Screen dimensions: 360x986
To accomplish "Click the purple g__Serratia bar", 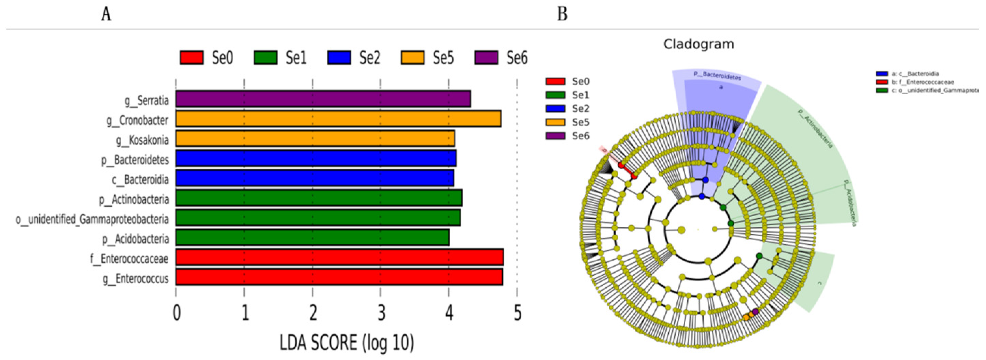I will [x=323, y=99].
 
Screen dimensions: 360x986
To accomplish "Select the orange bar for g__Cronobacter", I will [x=338, y=119].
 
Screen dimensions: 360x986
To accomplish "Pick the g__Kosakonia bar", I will [x=315, y=139].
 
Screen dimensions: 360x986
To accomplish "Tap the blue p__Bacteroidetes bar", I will [x=316, y=159].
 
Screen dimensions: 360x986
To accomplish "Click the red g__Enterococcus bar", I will [x=339, y=277].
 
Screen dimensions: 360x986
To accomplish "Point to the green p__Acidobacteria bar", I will [x=312, y=237].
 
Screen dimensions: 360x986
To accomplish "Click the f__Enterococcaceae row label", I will [x=129, y=259].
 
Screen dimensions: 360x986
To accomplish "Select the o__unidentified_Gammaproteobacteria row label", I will [x=92, y=219].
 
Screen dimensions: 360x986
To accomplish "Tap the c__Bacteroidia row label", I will [x=140, y=179].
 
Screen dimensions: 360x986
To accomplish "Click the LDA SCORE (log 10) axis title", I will [x=347, y=342].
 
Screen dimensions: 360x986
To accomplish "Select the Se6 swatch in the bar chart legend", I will [x=486, y=58].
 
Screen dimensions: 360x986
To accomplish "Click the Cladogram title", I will [x=699, y=44].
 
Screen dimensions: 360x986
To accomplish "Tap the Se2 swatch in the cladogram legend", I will [x=555, y=109].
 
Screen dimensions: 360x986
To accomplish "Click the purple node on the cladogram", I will [x=755, y=312].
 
